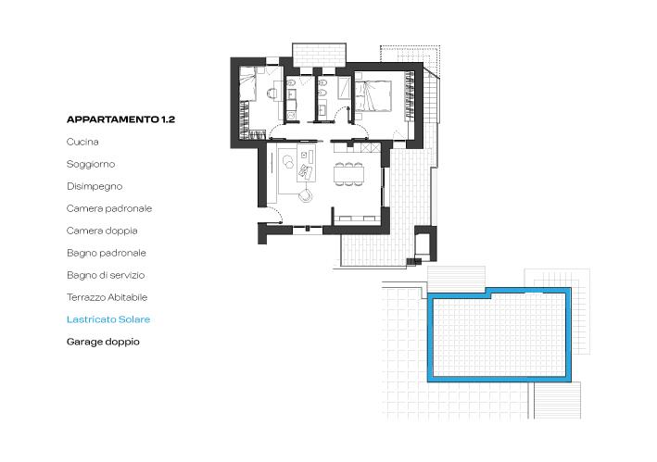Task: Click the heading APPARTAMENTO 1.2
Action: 120,119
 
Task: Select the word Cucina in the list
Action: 82,142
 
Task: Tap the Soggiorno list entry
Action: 91,164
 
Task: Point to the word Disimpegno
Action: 95,186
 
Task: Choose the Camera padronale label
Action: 109,208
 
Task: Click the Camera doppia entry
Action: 102,231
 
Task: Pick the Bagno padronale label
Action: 107,253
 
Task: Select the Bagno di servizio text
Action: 106,275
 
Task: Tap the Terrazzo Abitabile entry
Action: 107,297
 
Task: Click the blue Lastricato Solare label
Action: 108,319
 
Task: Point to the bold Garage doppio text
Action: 103,342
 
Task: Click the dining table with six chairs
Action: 348,174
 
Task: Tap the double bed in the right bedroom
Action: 373,96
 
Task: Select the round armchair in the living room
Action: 305,195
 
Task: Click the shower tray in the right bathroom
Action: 345,87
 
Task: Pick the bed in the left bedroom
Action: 247,83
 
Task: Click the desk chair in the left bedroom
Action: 272,94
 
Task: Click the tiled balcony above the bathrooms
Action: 320,55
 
